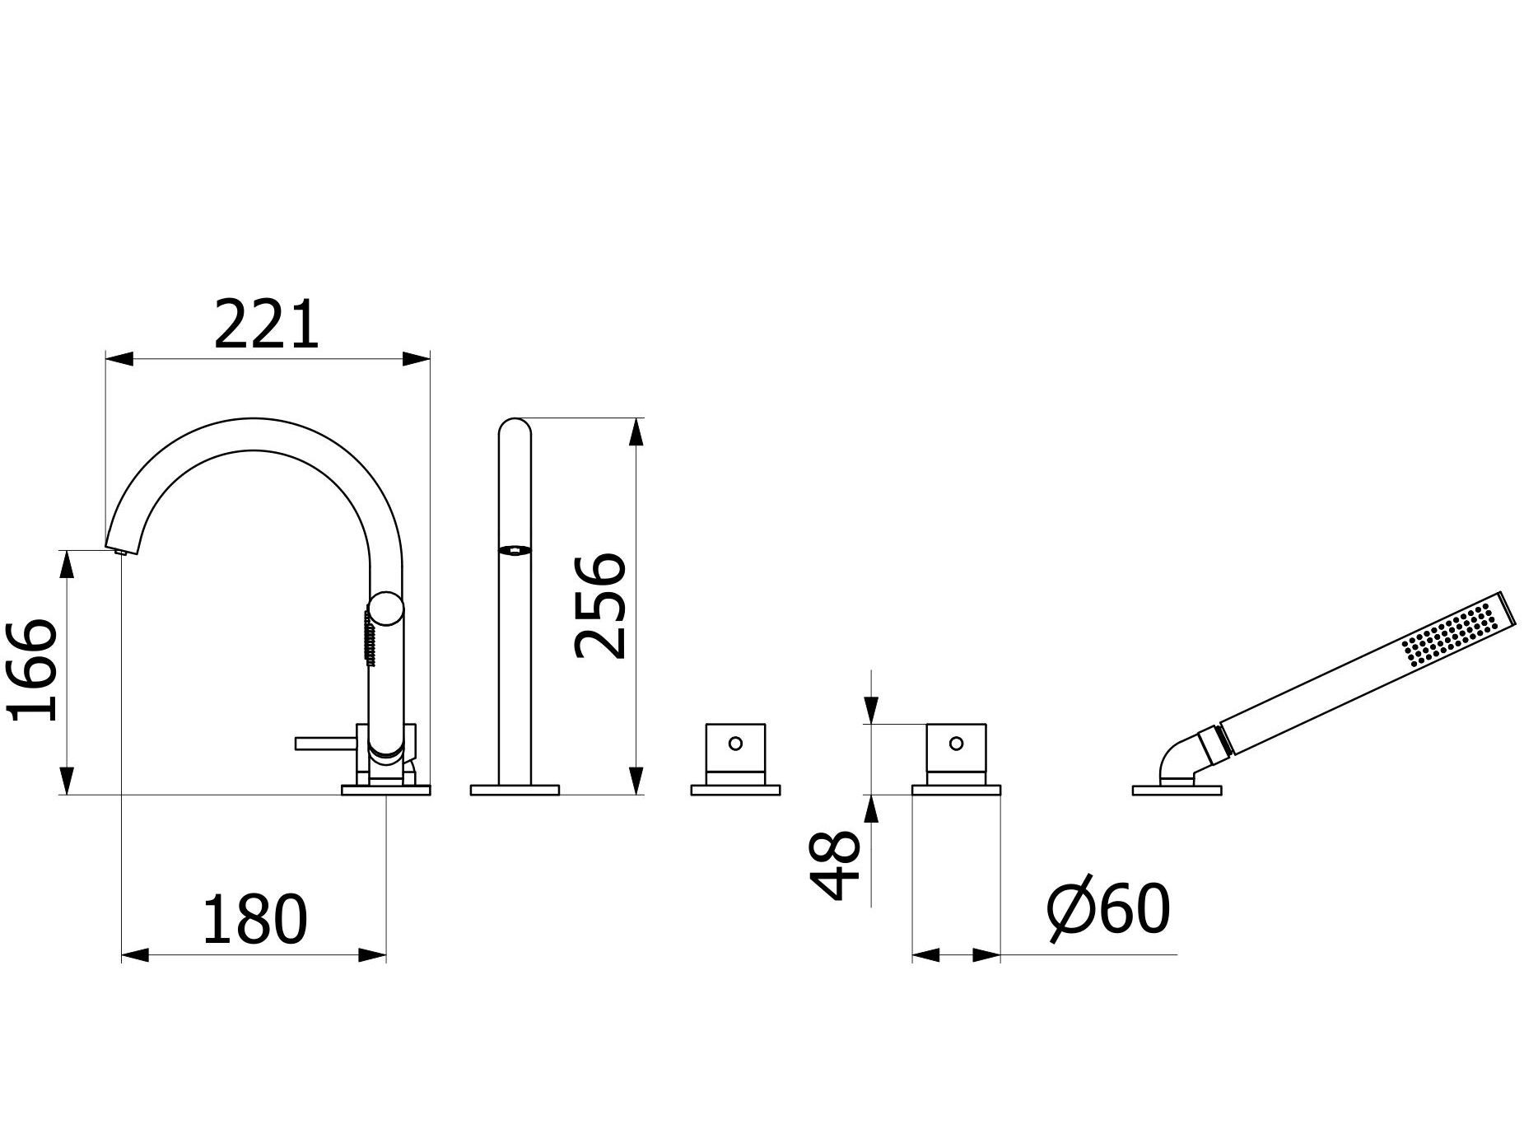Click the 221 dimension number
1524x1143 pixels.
pyautogui.click(x=266, y=324)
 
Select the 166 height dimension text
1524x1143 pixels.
pyautogui.click(x=34, y=669)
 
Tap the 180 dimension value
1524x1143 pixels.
pyautogui.click(x=254, y=919)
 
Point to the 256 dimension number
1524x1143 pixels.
pyautogui.click(x=600, y=606)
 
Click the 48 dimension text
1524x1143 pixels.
pyautogui.click(x=835, y=865)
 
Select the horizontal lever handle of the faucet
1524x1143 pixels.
pyautogui.click(x=326, y=744)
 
